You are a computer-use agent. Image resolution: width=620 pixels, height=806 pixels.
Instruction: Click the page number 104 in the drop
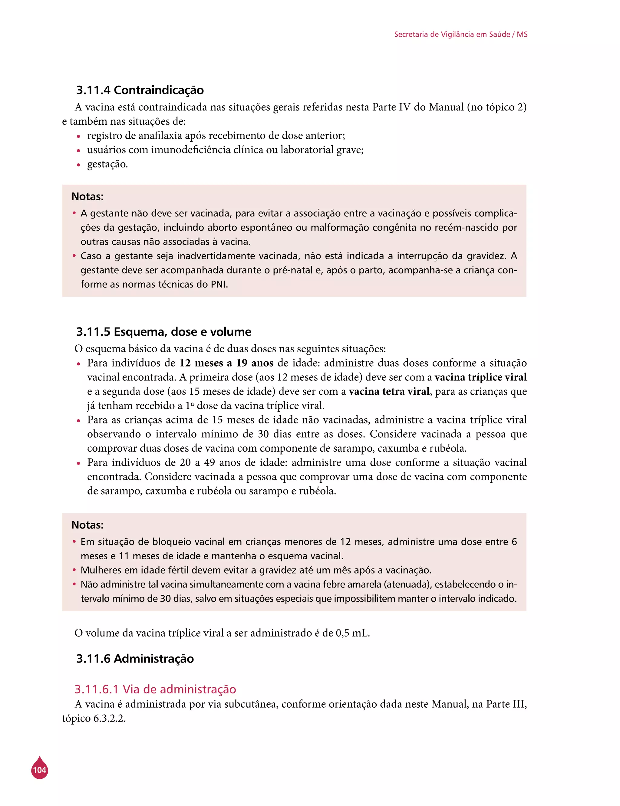pyautogui.click(x=39, y=770)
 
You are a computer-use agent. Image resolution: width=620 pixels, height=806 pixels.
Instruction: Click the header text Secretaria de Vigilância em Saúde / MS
pyautogui.click(x=460, y=34)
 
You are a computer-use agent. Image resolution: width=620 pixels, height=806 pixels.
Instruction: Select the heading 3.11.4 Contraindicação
pyautogui.click(x=140, y=90)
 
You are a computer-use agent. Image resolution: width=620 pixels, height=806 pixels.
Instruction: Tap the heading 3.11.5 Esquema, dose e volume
pyautogui.click(x=163, y=332)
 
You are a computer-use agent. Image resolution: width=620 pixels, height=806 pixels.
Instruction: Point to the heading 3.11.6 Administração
pyautogui.click(x=135, y=658)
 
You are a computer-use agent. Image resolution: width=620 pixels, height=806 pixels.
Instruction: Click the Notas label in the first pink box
pyautogui.click(x=87, y=196)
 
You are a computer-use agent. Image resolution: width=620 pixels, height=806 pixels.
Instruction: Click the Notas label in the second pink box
pyautogui.click(x=87, y=525)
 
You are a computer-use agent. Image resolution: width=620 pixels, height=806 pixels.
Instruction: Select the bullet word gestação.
pyautogui.click(x=107, y=164)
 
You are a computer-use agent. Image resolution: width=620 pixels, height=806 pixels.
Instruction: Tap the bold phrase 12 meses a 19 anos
pyautogui.click(x=226, y=363)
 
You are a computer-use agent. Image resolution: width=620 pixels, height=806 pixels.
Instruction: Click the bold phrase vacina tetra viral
pyautogui.click(x=389, y=391)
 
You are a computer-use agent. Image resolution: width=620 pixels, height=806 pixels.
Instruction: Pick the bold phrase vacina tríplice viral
pyautogui.click(x=480, y=377)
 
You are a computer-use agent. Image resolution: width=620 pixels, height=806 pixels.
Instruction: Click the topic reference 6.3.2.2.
pyautogui.click(x=109, y=719)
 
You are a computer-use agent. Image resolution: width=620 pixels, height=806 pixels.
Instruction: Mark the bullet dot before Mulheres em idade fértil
pyautogui.click(x=74, y=570)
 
